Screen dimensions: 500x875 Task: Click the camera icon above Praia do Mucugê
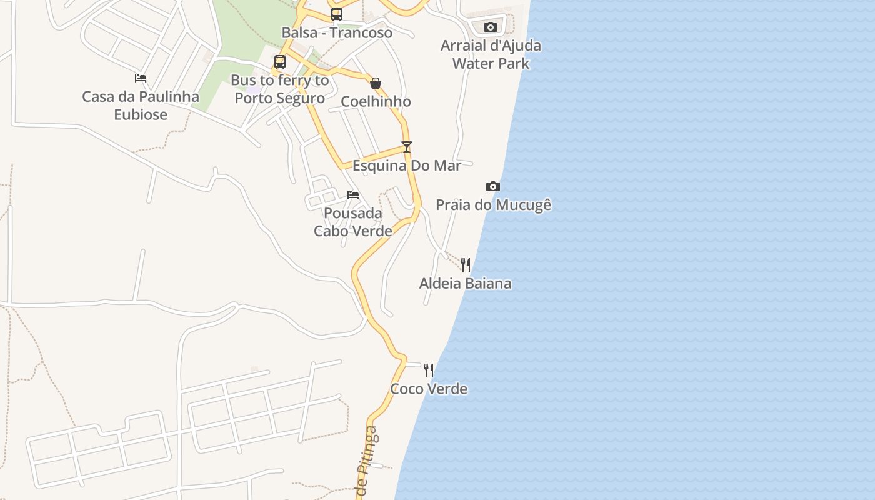pyautogui.click(x=493, y=186)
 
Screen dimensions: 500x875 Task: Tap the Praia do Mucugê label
pyautogui.click(x=493, y=205)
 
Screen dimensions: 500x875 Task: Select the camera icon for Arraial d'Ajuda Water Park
pyautogui.click(x=491, y=27)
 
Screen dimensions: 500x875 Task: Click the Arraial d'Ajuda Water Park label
pyautogui.click(x=491, y=54)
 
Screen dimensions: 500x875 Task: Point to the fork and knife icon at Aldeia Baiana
pyautogui.click(x=465, y=264)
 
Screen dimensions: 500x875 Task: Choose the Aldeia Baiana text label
pyautogui.click(x=465, y=284)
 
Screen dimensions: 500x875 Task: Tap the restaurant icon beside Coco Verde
pyautogui.click(x=429, y=370)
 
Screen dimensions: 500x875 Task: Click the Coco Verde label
pyautogui.click(x=429, y=389)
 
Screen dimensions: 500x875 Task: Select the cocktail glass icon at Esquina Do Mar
pyautogui.click(x=407, y=147)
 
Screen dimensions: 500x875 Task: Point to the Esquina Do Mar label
pyautogui.click(x=407, y=166)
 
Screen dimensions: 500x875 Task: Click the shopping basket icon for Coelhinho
pyautogui.click(x=376, y=83)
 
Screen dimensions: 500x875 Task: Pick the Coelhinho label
pyautogui.click(x=376, y=101)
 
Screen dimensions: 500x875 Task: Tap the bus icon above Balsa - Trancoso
pyautogui.click(x=337, y=14)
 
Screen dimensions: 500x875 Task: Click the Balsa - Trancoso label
pyautogui.click(x=337, y=33)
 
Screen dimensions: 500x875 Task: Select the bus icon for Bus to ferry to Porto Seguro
pyautogui.click(x=280, y=62)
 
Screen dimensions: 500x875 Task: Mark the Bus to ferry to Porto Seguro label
pyautogui.click(x=280, y=89)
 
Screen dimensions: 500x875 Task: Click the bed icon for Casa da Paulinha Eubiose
pyautogui.click(x=141, y=78)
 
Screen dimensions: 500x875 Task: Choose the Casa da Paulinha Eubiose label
pyautogui.click(x=141, y=106)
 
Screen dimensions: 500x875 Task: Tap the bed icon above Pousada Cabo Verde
pyautogui.click(x=353, y=195)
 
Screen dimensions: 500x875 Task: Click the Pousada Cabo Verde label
pyautogui.click(x=353, y=222)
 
